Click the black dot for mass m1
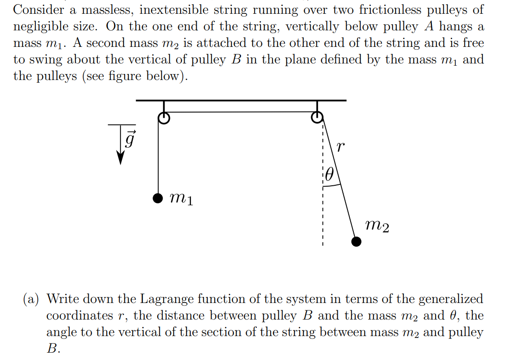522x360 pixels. (x=158, y=198)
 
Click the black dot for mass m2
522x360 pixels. (x=356, y=242)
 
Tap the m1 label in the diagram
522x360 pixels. (x=181, y=199)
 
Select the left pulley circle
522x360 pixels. (x=164, y=119)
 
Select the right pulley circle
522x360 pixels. (x=317, y=118)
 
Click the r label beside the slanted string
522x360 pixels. (x=339, y=147)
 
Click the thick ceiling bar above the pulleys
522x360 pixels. (x=241, y=100)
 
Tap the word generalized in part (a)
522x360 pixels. (x=449, y=299)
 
